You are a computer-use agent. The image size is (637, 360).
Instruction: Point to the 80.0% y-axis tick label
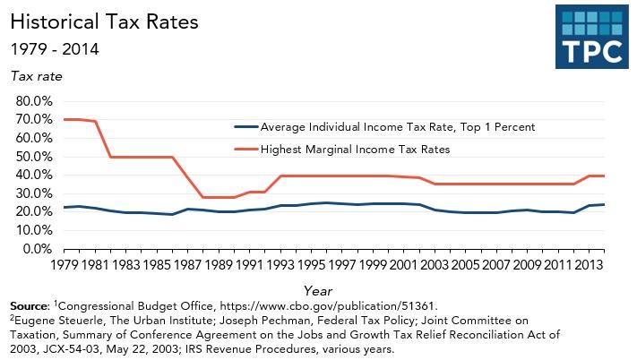35,100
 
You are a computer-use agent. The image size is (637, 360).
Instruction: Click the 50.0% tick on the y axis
35,156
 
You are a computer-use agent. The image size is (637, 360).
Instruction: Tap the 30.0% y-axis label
35,193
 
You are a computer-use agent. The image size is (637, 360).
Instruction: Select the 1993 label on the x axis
280,265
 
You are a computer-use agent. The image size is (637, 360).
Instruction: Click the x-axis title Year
318,290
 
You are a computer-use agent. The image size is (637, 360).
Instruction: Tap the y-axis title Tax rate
37,76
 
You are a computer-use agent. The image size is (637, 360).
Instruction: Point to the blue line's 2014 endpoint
604,204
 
